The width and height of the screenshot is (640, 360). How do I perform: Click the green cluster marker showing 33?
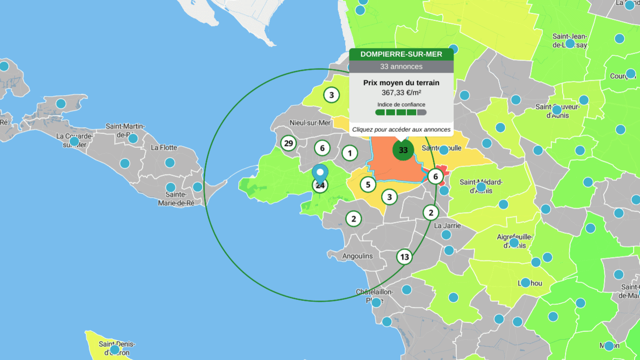point(403,150)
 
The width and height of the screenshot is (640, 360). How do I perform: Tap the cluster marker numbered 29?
point(288,144)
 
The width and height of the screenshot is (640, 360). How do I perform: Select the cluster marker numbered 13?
point(404,256)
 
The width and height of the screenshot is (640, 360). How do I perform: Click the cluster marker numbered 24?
point(320,186)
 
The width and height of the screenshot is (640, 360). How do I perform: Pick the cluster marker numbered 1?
point(350,153)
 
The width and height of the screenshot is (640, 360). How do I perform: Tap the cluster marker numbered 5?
point(368,184)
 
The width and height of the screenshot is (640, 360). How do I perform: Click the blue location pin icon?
point(320,173)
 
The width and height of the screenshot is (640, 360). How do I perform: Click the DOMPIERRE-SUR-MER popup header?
point(401,54)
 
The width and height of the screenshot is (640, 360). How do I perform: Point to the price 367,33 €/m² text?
point(401,92)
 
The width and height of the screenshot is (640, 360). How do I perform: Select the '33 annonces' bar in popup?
point(401,66)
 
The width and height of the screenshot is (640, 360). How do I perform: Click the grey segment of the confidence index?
point(422,112)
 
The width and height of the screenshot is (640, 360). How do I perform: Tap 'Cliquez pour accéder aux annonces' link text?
point(401,130)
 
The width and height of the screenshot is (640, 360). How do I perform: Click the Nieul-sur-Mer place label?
point(311,123)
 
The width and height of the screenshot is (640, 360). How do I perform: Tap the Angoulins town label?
point(357,256)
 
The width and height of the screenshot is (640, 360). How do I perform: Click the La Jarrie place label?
point(447,225)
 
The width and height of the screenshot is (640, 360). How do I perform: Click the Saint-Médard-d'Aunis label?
point(481,186)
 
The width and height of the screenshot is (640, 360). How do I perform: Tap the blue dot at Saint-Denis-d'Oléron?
point(114,350)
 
